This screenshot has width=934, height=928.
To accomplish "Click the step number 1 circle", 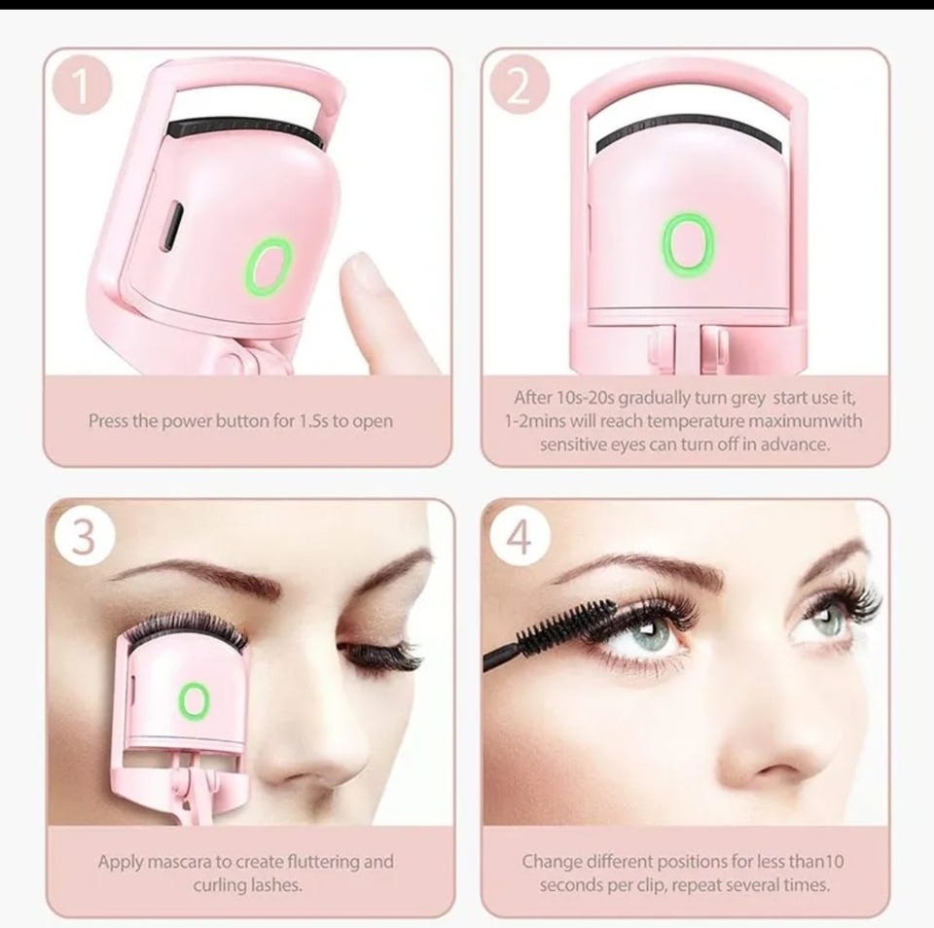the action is [82, 87].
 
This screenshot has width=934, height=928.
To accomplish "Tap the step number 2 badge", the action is [519, 87].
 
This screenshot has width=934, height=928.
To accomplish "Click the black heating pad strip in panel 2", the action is [688, 130].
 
